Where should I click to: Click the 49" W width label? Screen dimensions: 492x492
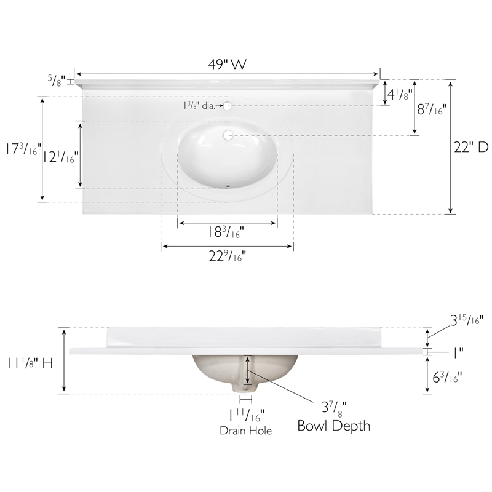[x=228, y=65]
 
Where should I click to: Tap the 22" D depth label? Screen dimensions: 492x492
[x=471, y=147]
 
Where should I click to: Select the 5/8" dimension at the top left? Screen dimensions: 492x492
[x=57, y=81]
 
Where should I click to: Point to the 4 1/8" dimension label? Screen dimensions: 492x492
[x=400, y=94]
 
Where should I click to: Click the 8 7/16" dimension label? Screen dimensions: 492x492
[x=432, y=109]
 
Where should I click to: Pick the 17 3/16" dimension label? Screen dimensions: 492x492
[x=23, y=148]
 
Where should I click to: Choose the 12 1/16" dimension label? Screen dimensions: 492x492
[x=60, y=157]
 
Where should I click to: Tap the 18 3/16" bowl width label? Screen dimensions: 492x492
[x=226, y=232]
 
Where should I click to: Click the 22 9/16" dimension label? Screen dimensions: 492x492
[x=228, y=256]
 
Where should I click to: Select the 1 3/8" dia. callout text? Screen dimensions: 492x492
[x=199, y=106]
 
